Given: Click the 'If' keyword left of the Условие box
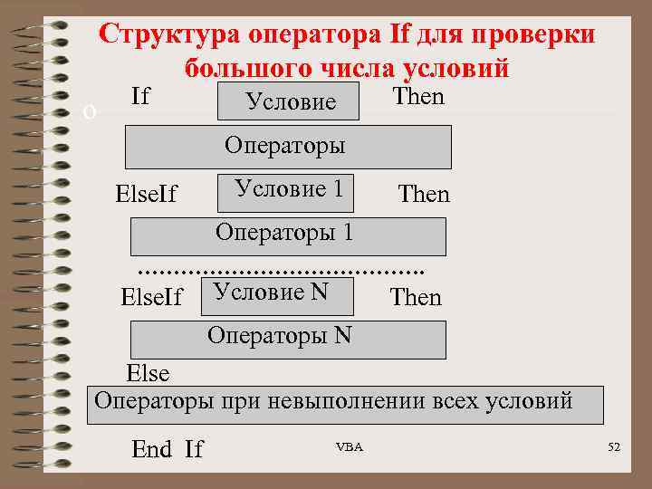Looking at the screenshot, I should click(x=140, y=96).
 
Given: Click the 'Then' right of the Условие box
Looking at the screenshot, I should click(x=418, y=97).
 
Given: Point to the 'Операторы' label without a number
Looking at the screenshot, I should click(x=284, y=145).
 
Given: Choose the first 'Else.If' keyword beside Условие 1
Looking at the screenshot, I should click(x=147, y=195).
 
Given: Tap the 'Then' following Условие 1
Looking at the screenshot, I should click(x=424, y=195).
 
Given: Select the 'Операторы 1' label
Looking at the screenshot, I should click(x=283, y=232).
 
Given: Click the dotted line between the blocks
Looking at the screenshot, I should click(x=281, y=270).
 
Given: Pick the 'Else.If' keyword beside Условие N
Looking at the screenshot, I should click(x=151, y=297).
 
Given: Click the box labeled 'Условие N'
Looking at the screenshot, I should click(x=269, y=292).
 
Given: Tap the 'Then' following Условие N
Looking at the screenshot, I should click(x=416, y=297).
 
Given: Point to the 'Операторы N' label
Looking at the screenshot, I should click(x=279, y=335).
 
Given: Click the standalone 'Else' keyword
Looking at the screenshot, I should click(x=148, y=373).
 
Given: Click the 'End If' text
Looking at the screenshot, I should click(x=168, y=448).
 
